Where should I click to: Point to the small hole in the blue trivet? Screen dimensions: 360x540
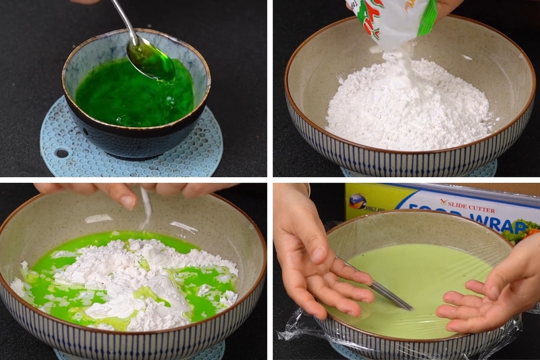pos(61,153)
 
